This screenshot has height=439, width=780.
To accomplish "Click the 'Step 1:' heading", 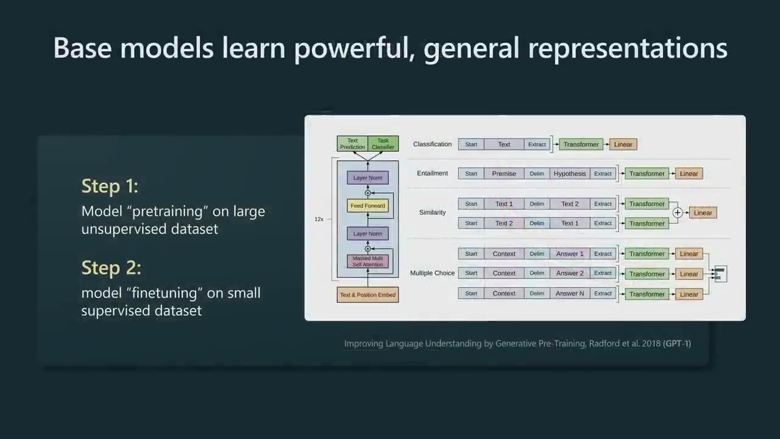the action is [110, 186].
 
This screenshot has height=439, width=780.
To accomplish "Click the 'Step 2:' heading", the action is [112, 268].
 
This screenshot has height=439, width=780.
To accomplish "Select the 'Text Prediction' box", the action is [352, 143].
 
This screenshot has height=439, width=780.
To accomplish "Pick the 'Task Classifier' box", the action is [383, 143].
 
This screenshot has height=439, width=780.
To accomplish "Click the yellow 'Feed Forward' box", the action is [367, 205].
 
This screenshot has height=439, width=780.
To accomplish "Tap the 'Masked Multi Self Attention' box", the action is [367, 262].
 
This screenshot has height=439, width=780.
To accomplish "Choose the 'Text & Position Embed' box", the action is [367, 294].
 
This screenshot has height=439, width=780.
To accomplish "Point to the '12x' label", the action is [319, 219].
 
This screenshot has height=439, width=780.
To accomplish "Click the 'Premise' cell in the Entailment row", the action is [504, 174].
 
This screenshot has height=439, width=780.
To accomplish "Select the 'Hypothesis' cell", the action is [570, 174].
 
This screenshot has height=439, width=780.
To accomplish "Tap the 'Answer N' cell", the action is [570, 293].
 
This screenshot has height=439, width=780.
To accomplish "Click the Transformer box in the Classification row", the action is [581, 145].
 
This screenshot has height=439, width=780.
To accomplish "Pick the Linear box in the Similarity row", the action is [703, 213].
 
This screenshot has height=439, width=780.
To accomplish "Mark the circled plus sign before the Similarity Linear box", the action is [677, 213].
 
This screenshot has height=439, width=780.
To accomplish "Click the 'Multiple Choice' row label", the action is [433, 273].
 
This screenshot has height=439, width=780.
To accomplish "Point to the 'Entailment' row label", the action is [433, 173].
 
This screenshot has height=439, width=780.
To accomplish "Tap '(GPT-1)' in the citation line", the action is [677, 343].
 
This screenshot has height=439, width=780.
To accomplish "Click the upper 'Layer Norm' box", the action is [367, 177].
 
